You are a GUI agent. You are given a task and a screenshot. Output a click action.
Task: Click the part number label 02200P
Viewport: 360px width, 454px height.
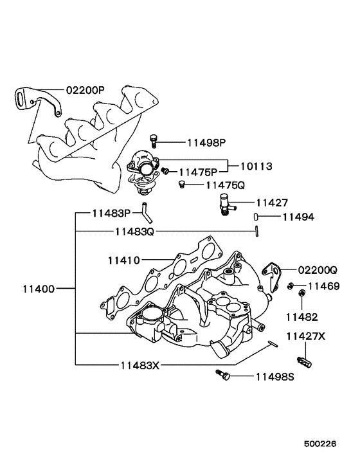tap(84, 91)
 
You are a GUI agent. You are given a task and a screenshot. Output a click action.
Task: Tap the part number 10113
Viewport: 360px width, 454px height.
tap(256, 166)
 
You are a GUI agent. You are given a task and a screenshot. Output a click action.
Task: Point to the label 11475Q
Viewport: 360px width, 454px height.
tap(225, 185)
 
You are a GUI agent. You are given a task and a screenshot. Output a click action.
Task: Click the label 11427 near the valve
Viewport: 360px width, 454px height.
tap(274, 202)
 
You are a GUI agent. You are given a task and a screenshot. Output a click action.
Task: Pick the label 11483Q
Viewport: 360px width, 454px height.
tap(135, 231)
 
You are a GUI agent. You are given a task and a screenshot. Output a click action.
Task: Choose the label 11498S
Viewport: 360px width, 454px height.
tap(274, 376)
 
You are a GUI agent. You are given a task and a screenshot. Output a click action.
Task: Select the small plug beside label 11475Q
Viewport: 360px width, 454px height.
tap(182, 185)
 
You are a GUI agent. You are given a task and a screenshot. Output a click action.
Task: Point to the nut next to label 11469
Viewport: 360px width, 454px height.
tap(291, 285)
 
